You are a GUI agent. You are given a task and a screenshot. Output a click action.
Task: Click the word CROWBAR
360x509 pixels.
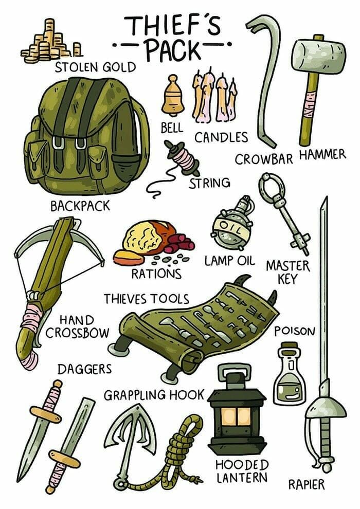click(264, 159)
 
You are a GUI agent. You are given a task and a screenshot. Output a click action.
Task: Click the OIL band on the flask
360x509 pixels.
click(231, 228)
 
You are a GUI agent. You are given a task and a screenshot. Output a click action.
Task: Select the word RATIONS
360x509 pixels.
click(156, 274)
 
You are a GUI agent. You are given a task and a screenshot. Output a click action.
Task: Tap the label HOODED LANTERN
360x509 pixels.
click(242, 471)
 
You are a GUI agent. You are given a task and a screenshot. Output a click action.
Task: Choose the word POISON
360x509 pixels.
click(295, 332)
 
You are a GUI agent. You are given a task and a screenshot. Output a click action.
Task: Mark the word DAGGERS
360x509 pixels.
click(85, 369)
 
